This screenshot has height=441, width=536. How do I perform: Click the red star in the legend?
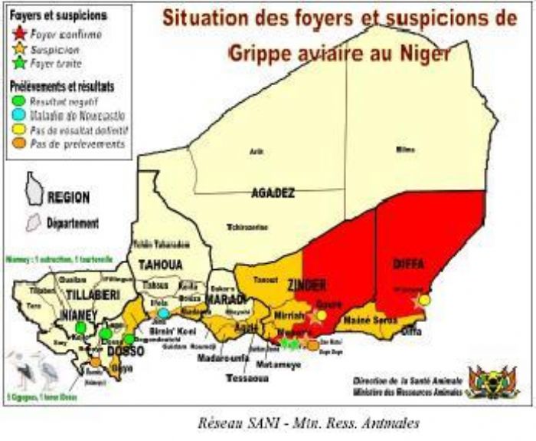click(x=20, y=35)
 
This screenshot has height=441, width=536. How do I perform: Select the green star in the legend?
click(x=20, y=63)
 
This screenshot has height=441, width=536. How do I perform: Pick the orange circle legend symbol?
click(x=20, y=143)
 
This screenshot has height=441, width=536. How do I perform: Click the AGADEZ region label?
click(x=273, y=193)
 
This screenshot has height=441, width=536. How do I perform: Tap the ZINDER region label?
click(x=306, y=284)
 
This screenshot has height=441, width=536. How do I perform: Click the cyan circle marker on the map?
click(x=164, y=313)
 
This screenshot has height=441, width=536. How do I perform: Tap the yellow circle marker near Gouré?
click(x=322, y=315)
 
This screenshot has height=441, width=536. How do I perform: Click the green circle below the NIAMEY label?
click(x=80, y=328)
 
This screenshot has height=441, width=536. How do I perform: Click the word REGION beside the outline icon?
click(x=69, y=197)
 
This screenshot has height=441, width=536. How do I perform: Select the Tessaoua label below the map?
click(x=247, y=378)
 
